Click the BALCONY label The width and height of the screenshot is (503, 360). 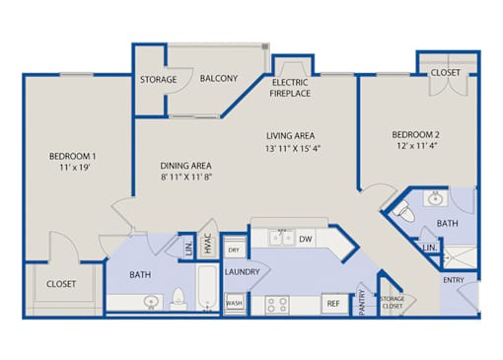click(x=219, y=79)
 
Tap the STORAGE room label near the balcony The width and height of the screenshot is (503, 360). click(x=159, y=80)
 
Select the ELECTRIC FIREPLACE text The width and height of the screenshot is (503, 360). click(x=290, y=88)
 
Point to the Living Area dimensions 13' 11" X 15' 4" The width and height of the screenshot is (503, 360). click(x=293, y=149)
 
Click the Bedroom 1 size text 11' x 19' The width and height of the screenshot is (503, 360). click(x=75, y=168)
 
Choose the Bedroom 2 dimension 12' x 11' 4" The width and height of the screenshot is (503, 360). click(x=416, y=146)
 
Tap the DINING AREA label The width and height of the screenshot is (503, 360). click(x=185, y=166)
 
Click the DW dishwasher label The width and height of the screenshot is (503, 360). click(x=306, y=239)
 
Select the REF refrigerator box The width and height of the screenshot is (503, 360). click(x=333, y=303)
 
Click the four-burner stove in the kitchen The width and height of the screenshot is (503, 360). click(x=277, y=305)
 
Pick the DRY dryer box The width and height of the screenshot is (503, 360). click(x=235, y=250)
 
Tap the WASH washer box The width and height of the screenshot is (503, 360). click(x=234, y=303)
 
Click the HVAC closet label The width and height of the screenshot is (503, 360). click(x=207, y=244)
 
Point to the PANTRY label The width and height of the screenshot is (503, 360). click(x=362, y=303)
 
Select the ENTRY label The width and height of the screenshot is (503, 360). click(x=454, y=280)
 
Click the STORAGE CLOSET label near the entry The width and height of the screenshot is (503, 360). click(x=392, y=302)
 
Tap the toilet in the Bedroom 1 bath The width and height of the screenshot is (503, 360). click(x=179, y=298)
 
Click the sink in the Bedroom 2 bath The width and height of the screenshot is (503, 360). click(x=435, y=198)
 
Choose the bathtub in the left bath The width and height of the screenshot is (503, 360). click(x=207, y=287)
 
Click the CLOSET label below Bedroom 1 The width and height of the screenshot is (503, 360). click(x=61, y=284)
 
